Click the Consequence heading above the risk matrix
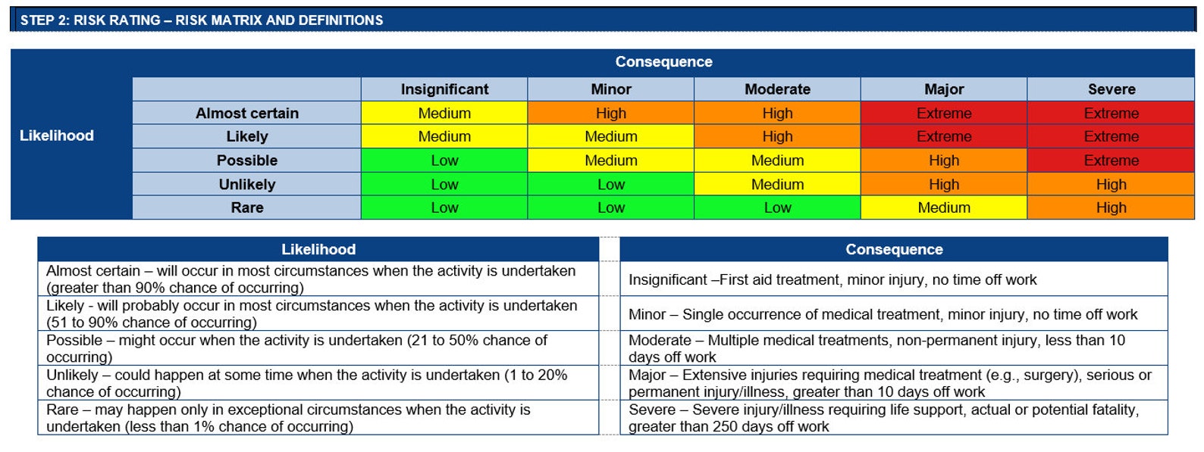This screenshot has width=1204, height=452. [663, 62]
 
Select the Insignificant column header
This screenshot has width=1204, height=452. [444, 89]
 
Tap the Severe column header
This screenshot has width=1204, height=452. [1111, 89]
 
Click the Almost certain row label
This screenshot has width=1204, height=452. [247, 114]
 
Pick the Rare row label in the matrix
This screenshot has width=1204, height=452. [247, 207]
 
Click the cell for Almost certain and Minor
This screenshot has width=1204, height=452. [611, 114]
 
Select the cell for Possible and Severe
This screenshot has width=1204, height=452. [1111, 161]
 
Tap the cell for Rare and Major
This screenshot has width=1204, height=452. [944, 207]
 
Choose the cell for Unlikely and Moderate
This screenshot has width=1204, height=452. [777, 184]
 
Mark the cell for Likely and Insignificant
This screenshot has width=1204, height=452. [444, 137]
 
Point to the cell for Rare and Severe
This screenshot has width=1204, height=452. [1111, 207]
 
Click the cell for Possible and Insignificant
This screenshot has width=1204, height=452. [444, 161]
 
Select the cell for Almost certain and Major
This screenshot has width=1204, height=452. [944, 114]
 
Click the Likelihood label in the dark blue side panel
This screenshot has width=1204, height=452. [57, 136]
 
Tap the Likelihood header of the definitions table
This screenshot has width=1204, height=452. [318, 249]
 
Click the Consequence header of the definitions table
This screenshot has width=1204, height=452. [894, 249]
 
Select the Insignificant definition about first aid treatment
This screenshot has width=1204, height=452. [832, 280]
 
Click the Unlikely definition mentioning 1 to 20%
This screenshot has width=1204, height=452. [306, 383]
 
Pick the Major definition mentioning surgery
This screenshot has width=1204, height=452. [889, 383]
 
